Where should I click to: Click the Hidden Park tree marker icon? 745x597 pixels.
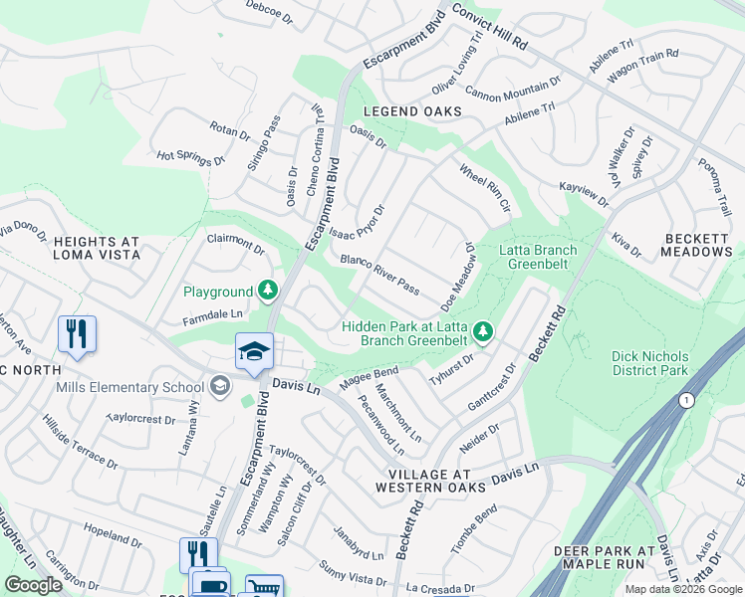(x=483, y=329)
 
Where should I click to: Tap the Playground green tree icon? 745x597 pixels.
(x=267, y=291)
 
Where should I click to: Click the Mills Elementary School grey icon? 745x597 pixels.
(x=218, y=386)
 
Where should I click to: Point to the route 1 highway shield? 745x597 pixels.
(x=685, y=399)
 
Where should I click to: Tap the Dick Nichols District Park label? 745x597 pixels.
(x=650, y=363)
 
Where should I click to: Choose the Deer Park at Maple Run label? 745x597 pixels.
(x=605, y=557)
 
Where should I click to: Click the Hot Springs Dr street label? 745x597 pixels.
(x=191, y=157)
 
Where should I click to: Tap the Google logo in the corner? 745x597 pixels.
(x=33, y=585)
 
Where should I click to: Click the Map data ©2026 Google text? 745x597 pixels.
(x=682, y=589)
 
